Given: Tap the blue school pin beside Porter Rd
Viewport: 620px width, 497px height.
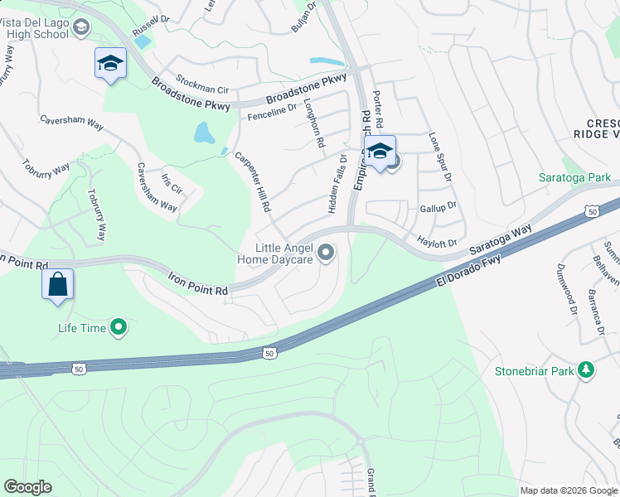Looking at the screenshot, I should pyautogui.click(x=380, y=153).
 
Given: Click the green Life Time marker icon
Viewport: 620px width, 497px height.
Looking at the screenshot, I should pyautogui.click(x=119, y=328).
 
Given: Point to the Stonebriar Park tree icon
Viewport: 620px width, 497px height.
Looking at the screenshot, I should pyautogui.click(x=587, y=370).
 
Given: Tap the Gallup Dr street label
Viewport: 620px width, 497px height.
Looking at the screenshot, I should pyautogui.click(x=438, y=206).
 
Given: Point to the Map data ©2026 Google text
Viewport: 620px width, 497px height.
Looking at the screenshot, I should pyautogui.click(x=567, y=490).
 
